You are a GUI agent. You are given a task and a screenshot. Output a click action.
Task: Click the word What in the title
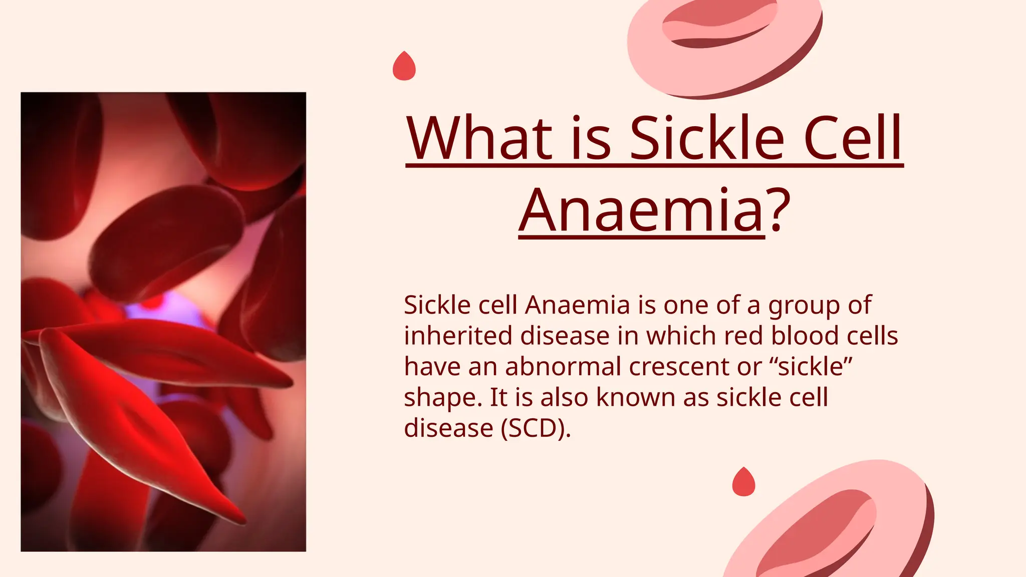[x=478, y=138]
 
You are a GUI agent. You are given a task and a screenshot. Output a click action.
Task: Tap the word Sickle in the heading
[x=706, y=138]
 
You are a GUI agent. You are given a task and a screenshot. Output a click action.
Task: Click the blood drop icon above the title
[x=404, y=67]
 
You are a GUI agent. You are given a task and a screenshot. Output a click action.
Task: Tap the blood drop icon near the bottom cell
[x=743, y=483]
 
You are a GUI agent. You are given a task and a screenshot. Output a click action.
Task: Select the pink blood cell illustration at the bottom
[x=832, y=526]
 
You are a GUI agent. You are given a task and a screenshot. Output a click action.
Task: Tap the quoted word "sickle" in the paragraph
[x=811, y=367]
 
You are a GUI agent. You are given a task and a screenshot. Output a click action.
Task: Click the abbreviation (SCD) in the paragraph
[x=536, y=428]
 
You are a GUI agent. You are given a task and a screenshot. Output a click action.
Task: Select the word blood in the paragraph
[x=805, y=336]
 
